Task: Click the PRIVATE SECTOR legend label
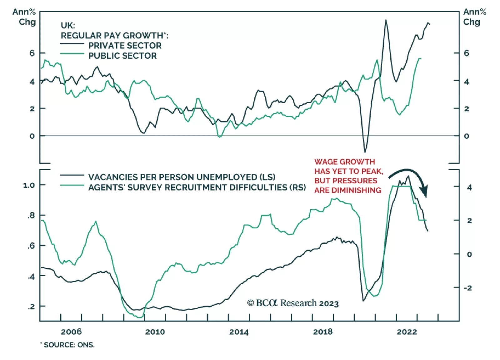point(125,46)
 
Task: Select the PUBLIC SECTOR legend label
point(122,56)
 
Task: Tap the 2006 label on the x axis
point(71,332)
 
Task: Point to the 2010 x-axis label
point(155,332)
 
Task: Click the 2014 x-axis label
point(239,332)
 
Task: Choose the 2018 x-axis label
point(323,332)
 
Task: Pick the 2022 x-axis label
point(407,332)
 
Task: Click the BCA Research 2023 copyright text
point(293,303)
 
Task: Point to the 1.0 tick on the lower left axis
point(29,185)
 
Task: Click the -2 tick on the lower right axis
point(467,288)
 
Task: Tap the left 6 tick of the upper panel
point(32,53)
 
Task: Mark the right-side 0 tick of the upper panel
point(466,136)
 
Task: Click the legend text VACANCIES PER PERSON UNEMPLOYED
point(182,177)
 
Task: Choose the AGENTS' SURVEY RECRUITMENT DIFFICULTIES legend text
point(197,187)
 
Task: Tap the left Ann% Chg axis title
point(24,17)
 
